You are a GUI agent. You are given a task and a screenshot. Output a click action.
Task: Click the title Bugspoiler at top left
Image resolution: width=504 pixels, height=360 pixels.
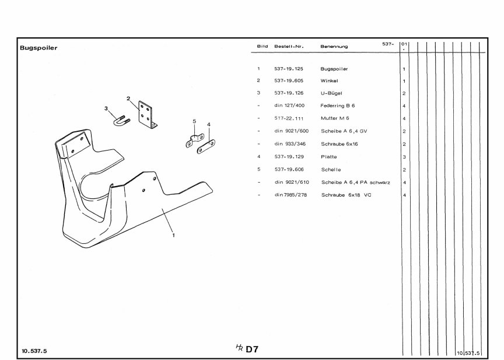tap(38, 48)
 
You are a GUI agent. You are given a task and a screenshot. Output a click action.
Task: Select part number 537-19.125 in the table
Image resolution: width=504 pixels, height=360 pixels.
tap(289, 69)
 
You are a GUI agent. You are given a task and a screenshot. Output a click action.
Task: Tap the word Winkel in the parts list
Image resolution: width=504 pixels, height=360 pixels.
tap(329, 81)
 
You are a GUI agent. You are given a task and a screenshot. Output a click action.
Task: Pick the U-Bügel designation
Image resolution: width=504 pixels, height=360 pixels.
tap(331, 93)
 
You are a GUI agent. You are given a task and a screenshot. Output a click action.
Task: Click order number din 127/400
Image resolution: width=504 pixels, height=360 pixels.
tap(289, 106)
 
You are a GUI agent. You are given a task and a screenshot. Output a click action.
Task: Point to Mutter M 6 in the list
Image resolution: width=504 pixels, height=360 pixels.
tap(335, 118)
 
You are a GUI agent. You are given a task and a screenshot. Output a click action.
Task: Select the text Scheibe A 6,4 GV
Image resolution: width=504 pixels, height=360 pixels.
tap(344, 131)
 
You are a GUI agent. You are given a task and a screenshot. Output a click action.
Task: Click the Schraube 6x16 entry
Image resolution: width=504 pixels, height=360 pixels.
tap(339, 144)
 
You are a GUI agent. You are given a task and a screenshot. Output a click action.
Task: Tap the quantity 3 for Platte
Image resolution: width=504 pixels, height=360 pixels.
tap(404, 157)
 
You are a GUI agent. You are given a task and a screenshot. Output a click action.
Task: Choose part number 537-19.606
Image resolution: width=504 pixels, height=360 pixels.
tap(289, 169)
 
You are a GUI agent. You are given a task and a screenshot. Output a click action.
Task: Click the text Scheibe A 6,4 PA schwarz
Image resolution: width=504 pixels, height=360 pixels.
tap(355, 182)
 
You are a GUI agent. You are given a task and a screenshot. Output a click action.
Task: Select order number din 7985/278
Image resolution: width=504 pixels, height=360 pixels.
tap(290, 195)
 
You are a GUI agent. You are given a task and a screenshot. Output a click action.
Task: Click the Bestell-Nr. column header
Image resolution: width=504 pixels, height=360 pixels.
tap(289, 46)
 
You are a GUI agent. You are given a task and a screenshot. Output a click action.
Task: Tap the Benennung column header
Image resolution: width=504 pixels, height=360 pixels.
tap(334, 46)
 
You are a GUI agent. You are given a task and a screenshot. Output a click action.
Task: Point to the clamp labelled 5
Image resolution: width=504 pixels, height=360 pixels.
tap(195, 141)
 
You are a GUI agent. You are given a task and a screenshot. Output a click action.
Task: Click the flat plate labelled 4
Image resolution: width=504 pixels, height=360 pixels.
tap(206, 146)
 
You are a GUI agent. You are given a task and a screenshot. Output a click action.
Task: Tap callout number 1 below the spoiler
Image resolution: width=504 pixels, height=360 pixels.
tap(174, 235)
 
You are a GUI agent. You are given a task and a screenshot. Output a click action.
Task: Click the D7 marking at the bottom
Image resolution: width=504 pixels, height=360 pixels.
tap(252, 349)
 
